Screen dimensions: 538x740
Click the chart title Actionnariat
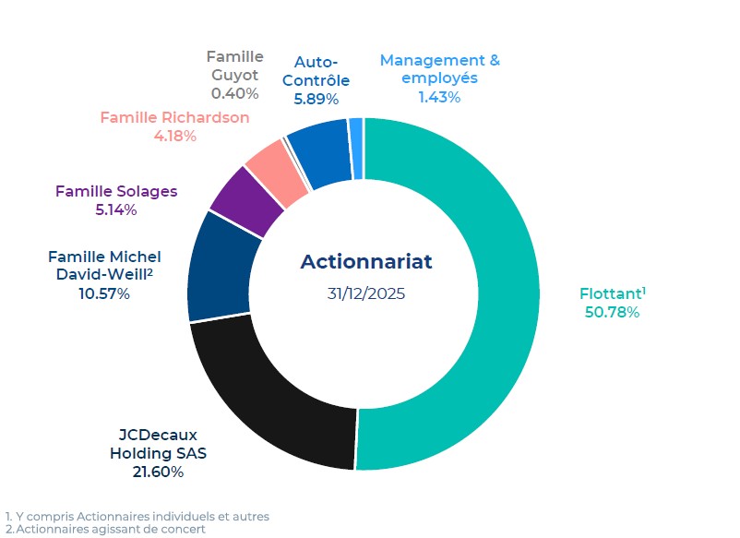tap(365, 261)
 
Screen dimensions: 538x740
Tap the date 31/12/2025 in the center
tap(365, 294)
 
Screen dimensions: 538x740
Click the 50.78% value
tap(612, 312)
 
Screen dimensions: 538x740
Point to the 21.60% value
tap(159, 472)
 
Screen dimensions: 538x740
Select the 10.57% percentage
tap(103, 293)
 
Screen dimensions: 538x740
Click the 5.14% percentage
tap(116, 209)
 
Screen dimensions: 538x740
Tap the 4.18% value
tap(174, 136)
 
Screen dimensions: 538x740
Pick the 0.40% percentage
tap(234, 93)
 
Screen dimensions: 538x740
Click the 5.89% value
tap(316, 98)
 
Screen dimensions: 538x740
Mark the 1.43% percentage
tap(439, 96)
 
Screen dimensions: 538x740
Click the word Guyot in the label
tap(234, 74)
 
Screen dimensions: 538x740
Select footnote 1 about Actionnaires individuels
tap(137, 517)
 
